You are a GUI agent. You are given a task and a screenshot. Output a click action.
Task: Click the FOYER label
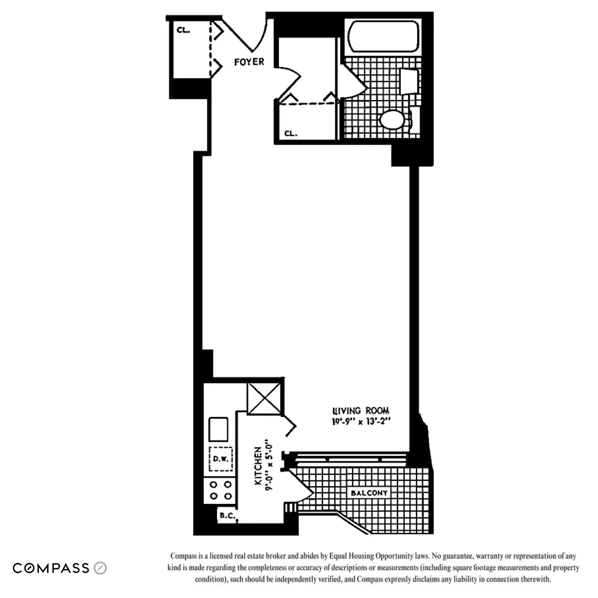click(x=249, y=62)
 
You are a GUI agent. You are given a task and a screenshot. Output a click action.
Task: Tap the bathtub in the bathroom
click(x=383, y=36)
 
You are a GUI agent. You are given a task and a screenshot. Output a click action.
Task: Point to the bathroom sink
click(x=409, y=81)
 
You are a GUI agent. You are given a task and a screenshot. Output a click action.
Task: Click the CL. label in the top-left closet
click(x=183, y=30)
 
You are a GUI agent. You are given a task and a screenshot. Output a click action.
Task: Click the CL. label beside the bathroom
click(x=290, y=133)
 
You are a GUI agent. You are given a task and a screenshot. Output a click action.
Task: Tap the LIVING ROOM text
click(x=360, y=411)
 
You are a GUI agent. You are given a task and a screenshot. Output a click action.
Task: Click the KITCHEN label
click(x=258, y=466)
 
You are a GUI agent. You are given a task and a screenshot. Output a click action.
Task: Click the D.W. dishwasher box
click(x=220, y=459)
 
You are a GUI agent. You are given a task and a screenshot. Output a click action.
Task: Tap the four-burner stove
click(x=220, y=490)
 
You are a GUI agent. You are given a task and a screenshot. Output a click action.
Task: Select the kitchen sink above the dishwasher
click(x=218, y=429)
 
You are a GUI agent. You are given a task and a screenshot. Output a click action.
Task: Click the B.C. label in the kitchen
click(x=227, y=516)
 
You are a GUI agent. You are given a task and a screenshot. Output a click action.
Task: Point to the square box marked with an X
click(x=264, y=398)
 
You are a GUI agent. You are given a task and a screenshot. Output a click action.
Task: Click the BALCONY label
click(x=369, y=493)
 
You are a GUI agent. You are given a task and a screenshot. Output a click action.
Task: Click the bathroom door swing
click(x=353, y=83)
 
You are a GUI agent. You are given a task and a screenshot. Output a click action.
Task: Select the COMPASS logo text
click(x=51, y=568)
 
